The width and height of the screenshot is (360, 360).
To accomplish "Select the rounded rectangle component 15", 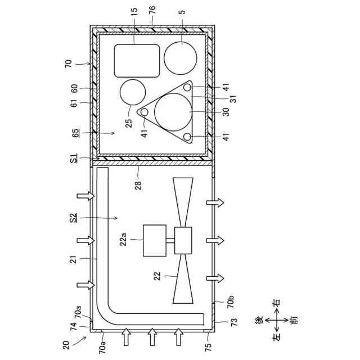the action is [x=137, y=61].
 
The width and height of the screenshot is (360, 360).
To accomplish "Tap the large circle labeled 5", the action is [x=181, y=58].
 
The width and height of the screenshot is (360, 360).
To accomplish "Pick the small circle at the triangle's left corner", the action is [x=145, y=112].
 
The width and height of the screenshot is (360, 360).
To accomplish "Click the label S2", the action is [x=74, y=217].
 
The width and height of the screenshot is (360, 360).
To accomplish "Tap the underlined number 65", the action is [x=74, y=134].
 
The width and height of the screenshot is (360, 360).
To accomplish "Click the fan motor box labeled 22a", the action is [x=154, y=240].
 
